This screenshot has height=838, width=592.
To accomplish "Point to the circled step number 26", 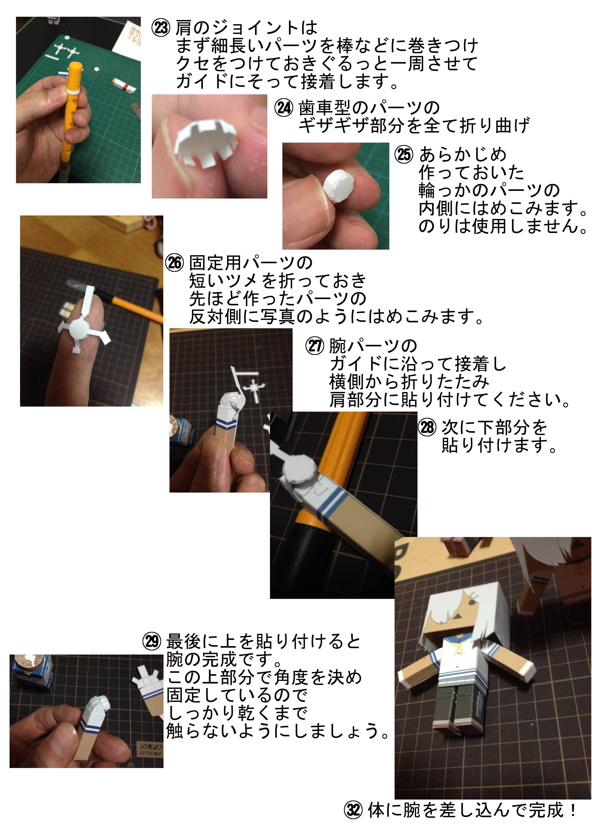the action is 174,263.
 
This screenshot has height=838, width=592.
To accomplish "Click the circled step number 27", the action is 314,346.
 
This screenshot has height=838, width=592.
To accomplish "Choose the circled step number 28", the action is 427,427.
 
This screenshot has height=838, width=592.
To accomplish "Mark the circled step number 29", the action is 151,641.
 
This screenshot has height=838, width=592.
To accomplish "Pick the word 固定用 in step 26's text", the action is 215,263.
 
